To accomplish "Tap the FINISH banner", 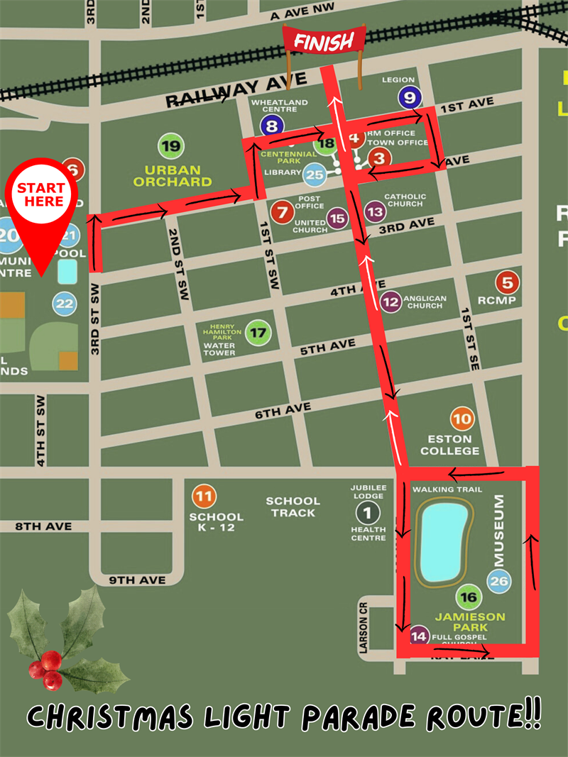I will [324, 42].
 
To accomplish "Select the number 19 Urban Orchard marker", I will [171, 147].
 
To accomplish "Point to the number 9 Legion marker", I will [410, 97].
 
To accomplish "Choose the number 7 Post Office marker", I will [283, 211].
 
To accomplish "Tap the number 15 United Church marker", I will [337, 219].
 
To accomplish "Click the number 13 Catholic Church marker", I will [376, 211].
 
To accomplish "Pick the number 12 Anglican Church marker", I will [390, 302].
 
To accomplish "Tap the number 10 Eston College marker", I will [461, 419].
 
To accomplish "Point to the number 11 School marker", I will [204, 496].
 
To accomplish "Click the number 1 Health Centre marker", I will [368, 512].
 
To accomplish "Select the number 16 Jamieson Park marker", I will [469, 598].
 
